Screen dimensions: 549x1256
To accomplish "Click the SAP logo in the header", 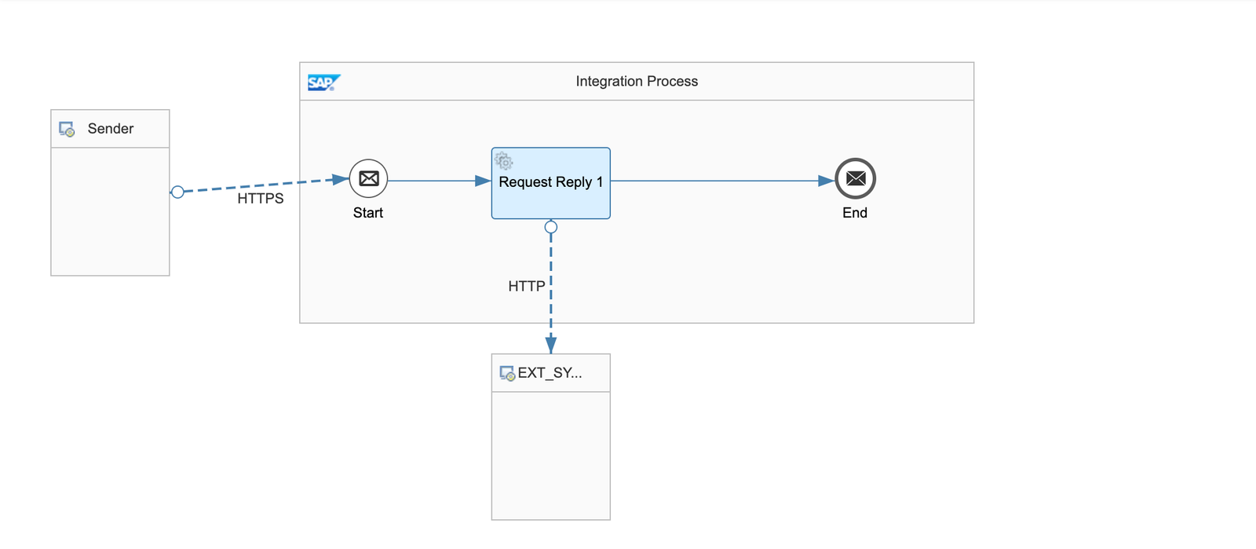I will [x=323, y=82].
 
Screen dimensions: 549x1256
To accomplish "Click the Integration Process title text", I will [x=636, y=81].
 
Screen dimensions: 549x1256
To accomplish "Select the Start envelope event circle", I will [x=368, y=179].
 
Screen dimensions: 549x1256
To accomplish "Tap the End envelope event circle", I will [x=855, y=179].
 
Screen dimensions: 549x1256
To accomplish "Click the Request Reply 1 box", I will [x=550, y=196].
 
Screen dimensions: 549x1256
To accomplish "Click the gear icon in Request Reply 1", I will [x=504, y=162].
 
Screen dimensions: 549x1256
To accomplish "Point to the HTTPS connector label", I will [x=261, y=199].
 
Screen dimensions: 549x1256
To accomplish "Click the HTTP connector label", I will [x=526, y=286].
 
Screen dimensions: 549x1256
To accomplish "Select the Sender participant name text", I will [x=111, y=128].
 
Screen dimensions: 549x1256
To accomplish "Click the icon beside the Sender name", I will [x=67, y=129].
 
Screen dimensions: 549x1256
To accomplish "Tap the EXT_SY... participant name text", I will [x=549, y=372].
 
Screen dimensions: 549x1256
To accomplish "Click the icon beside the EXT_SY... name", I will [x=507, y=373].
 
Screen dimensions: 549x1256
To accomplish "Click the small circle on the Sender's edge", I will [x=177, y=192].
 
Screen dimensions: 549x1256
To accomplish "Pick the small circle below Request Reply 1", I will [x=551, y=227].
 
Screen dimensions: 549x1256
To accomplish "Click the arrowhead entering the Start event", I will [x=341, y=180].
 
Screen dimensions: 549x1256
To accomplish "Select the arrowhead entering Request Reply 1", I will [x=483, y=181].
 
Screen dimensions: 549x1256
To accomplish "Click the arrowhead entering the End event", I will [x=826, y=181].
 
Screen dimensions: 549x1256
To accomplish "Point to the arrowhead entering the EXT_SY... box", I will [x=551, y=345].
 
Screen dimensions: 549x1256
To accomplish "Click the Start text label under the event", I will [x=368, y=213].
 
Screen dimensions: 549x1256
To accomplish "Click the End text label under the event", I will [x=855, y=213].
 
